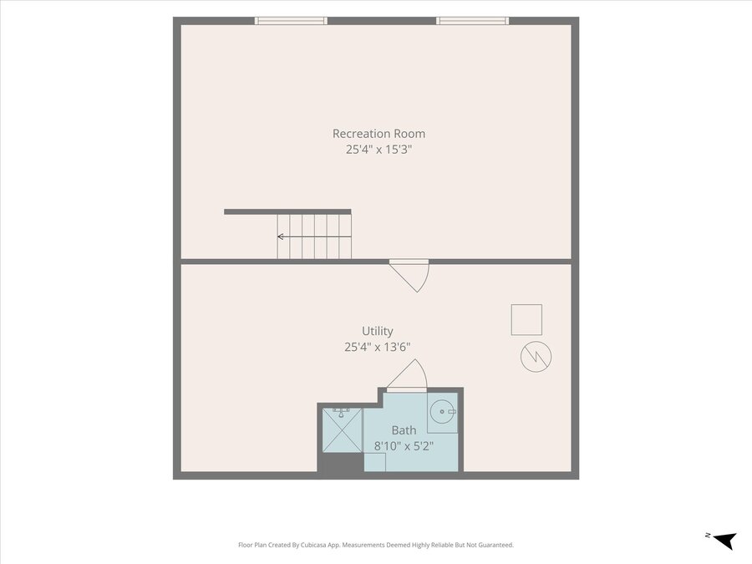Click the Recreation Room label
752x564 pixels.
pyautogui.click(x=379, y=134)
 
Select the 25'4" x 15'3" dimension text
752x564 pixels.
pyautogui.click(x=379, y=150)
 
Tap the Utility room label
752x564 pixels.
pyautogui.click(x=378, y=331)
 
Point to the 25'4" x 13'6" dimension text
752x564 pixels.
pyautogui.click(x=378, y=347)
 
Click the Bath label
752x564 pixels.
pyautogui.click(x=404, y=430)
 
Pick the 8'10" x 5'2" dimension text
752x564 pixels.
pyautogui.click(x=404, y=446)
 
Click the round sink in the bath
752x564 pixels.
pyautogui.click(x=442, y=411)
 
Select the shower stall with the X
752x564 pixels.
pyautogui.click(x=342, y=429)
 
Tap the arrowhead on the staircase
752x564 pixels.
pyautogui.click(x=280, y=236)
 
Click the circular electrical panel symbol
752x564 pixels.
pyautogui.click(x=536, y=356)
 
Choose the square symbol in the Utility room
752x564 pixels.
pyautogui.click(x=526, y=319)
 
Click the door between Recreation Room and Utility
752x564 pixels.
pyautogui.click(x=409, y=277)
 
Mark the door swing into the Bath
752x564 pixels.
pyautogui.click(x=407, y=375)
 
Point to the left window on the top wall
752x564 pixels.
pyautogui.click(x=291, y=21)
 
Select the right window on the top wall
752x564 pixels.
pyautogui.click(x=472, y=21)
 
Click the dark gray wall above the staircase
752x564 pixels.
pyautogui.click(x=287, y=212)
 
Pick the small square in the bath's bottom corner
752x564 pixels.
pyautogui.click(x=374, y=462)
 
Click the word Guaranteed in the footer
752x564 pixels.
pyautogui.click(x=498, y=545)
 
